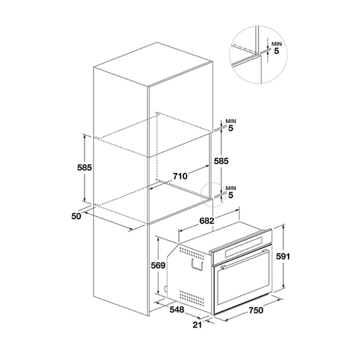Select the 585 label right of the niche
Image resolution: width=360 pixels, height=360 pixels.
tap(221, 162)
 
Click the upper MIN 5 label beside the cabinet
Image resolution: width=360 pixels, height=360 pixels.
tap(230, 125)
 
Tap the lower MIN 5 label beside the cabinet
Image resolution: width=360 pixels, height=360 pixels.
tap(230, 192)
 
